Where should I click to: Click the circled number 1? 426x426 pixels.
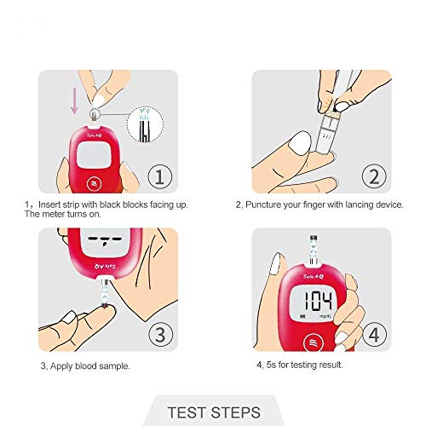coord(159,176)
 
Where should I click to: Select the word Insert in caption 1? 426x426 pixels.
coord(49,205)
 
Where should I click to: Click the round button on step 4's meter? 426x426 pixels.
coord(310,337)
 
